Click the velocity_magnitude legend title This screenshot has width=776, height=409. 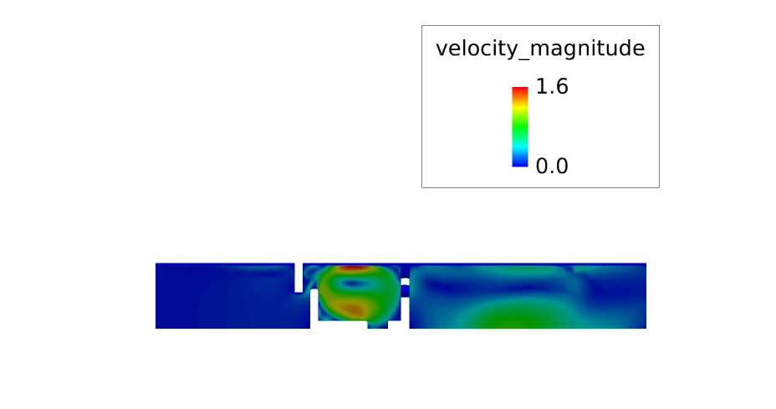coord(540,49)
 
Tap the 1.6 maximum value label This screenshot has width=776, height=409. coord(552,87)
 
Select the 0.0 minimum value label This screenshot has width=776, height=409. coord(552,166)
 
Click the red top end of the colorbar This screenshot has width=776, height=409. coord(519,90)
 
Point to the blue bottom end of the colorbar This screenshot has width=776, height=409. coord(519,163)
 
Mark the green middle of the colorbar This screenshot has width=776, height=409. coord(519,127)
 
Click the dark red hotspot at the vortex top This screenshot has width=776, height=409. coord(354,268)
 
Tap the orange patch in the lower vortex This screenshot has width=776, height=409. coord(352,309)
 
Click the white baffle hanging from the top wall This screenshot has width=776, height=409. coord(299,278)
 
